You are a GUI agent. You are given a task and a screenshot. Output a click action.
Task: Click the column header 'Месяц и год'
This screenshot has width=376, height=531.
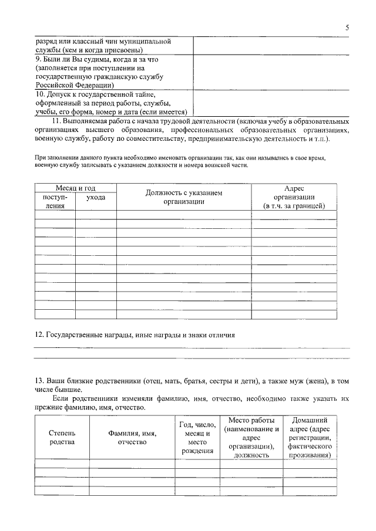(75, 188)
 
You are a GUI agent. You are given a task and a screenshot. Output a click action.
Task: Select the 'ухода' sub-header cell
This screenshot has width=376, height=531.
(96, 198)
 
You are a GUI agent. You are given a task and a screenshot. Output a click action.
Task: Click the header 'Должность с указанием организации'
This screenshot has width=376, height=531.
(184, 197)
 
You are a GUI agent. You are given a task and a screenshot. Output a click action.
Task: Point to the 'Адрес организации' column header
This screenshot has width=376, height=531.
(294, 197)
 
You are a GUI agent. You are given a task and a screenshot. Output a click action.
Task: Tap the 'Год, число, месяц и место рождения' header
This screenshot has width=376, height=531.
(197, 438)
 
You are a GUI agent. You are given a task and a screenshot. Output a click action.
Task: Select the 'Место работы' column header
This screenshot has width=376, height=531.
(251, 438)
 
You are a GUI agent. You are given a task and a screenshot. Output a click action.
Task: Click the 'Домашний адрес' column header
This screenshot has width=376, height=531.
(310, 438)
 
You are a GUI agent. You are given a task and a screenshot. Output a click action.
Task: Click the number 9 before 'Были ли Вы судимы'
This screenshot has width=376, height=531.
(37, 60)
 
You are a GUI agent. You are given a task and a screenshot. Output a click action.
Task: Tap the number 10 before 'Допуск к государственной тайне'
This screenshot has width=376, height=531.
(39, 93)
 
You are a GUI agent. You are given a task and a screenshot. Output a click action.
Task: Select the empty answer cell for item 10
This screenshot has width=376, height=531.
(266, 103)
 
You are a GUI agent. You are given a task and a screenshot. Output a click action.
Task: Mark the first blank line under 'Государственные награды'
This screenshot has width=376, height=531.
(192, 348)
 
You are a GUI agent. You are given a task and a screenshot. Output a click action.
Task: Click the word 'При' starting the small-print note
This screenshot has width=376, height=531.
(40, 158)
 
